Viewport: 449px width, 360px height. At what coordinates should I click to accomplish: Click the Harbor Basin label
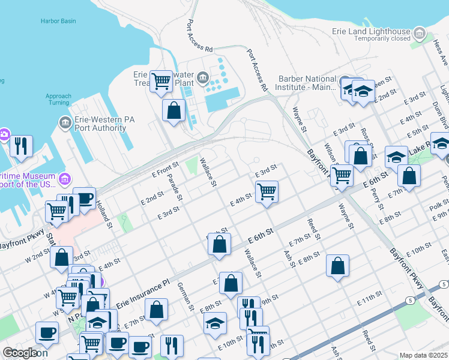58,21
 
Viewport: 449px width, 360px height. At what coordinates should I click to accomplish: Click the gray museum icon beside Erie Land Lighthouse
420,32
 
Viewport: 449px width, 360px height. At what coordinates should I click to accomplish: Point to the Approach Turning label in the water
58,99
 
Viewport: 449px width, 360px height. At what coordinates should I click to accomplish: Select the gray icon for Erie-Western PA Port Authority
65,123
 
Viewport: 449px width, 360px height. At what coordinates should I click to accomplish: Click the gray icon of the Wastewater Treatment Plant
203,76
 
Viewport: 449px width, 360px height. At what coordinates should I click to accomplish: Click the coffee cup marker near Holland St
85,199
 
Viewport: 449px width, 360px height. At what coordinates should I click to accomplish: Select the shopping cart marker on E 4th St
267,192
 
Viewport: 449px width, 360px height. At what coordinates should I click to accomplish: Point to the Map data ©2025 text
423,355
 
